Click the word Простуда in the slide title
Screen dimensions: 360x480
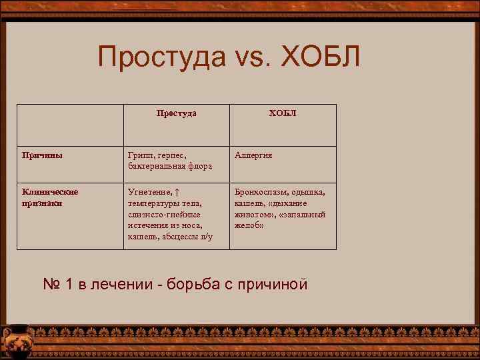coord(163,57)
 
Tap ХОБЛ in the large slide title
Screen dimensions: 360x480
coord(321,57)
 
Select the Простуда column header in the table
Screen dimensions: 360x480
coord(176,113)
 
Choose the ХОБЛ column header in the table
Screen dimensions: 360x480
coord(283,113)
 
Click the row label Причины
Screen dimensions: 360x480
coord(43,155)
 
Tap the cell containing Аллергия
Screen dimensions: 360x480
coord(253,155)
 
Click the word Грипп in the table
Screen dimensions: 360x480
coord(141,155)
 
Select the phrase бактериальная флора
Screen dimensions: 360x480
coord(169,166)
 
